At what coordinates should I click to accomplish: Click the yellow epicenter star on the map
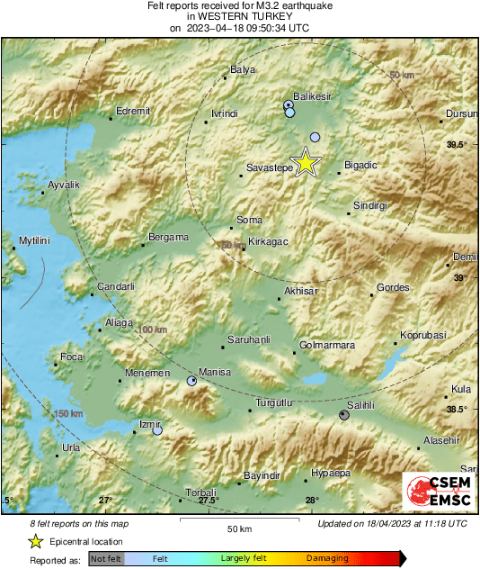[x=307, y=163]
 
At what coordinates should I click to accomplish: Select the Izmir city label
[x=149, y=423]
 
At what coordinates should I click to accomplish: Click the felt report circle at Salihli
[x=344, y=415]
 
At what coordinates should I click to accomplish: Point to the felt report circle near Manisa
[x=191, y=382]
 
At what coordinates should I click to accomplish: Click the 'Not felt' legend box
[x=108, y=559]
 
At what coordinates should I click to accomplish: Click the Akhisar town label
[x=300, y=292]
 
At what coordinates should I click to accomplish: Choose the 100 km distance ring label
[x=153, y=330]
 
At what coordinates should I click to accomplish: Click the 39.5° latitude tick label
[x=458, y=144]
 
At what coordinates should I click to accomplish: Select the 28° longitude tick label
[x=311, y=501]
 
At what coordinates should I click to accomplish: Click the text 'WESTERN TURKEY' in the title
[x=239, y=16]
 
